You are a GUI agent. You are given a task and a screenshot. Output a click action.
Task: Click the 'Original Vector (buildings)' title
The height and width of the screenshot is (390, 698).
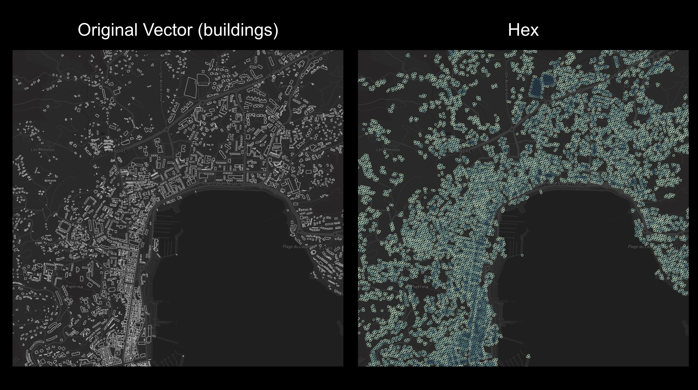click(178, 30)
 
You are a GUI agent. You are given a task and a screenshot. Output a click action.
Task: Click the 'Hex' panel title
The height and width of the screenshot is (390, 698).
click(523, 30)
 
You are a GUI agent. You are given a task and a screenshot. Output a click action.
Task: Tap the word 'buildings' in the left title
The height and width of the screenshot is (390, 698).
click(238, 30)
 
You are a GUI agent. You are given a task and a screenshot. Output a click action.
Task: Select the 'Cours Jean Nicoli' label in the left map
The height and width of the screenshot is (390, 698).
click(220, 183)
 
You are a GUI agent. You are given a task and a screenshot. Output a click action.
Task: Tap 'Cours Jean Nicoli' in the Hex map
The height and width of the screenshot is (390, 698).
click(566, 183)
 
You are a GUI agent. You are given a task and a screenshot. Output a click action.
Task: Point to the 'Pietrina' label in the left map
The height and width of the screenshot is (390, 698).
click(74, 287)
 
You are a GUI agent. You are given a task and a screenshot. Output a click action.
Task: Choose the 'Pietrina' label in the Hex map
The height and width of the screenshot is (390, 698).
click(419, 287)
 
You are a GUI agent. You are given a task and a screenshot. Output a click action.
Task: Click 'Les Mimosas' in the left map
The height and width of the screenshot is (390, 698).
click(43, 150)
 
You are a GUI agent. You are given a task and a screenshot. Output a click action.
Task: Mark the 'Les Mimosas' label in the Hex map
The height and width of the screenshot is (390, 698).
click(388, 150)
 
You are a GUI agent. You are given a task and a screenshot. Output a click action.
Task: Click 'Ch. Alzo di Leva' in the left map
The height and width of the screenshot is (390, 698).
click(161, 87)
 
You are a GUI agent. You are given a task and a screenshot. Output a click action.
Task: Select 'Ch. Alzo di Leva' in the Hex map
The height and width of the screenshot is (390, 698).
click(506, 87)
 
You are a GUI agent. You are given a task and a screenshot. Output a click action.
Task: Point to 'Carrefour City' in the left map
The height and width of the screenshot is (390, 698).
click(291, 86)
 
